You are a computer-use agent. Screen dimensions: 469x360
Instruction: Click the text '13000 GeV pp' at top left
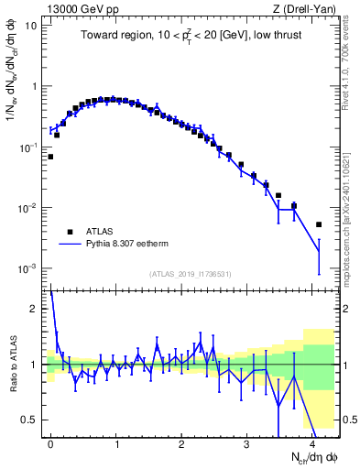click(x=75, y=9)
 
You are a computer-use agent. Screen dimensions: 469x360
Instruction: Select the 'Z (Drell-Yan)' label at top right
click(x=305, y=9)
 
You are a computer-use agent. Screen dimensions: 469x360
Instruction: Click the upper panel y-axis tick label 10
click(x=30, y=26)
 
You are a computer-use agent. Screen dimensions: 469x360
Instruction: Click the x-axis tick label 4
click(x=312, y=442)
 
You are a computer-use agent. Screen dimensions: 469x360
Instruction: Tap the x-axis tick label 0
click(x=50, y=442)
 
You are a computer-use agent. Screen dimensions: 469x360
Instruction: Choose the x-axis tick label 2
click(x=181, y=442)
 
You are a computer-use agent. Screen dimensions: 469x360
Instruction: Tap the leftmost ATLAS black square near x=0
click(x=50, y=157)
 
